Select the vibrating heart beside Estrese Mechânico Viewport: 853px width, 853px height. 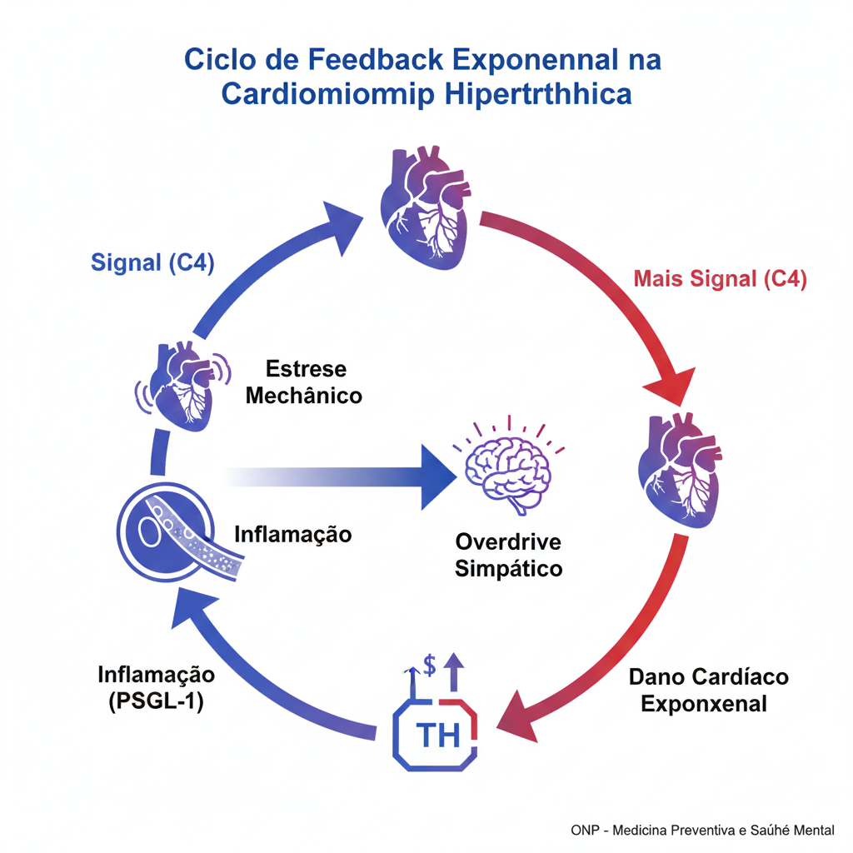[183, 384]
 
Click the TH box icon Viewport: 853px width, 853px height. [435, 732]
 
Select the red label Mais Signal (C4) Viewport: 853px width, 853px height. [720, 279]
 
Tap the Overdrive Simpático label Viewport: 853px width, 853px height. [508, 556]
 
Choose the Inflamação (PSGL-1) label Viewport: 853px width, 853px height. [157, 687]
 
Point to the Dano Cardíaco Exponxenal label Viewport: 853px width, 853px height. [708, 690]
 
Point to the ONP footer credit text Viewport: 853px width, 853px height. [702, 831]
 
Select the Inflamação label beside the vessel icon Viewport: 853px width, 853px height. [292, 534]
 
